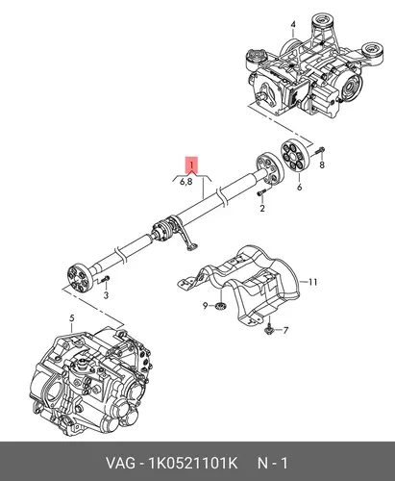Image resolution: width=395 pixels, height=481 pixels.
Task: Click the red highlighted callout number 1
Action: point(191,165)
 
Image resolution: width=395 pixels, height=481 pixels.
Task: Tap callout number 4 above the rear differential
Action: point(293,24)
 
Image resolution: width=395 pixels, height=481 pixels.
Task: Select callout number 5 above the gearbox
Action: point(72,318)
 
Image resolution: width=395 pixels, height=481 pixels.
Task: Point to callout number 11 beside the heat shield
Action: point(312,282)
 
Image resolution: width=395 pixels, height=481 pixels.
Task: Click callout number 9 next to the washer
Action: point(206,306)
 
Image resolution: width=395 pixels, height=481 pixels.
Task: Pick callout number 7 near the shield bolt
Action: point(285,330)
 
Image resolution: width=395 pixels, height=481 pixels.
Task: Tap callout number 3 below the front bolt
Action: point(106,294)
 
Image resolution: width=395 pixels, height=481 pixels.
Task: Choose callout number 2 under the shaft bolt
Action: point(262,208)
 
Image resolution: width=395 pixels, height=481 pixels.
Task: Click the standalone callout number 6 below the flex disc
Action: point(299,187)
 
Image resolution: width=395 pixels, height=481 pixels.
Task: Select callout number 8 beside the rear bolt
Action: point(322,165)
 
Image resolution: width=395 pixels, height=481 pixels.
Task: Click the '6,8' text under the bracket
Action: point(186,182)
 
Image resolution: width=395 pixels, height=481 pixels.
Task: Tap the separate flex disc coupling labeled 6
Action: point(295,158)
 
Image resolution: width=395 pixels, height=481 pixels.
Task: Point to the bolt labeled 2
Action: point(262,192)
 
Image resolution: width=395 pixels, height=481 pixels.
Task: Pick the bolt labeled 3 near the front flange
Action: point(105,279)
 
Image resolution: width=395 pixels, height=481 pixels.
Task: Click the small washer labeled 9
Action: point(220,306)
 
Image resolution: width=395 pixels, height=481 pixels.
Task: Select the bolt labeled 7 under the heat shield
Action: point(269,329)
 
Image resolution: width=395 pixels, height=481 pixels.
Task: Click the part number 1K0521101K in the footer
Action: point(192,463)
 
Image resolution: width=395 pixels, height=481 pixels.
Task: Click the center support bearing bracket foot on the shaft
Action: point(192,246)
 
